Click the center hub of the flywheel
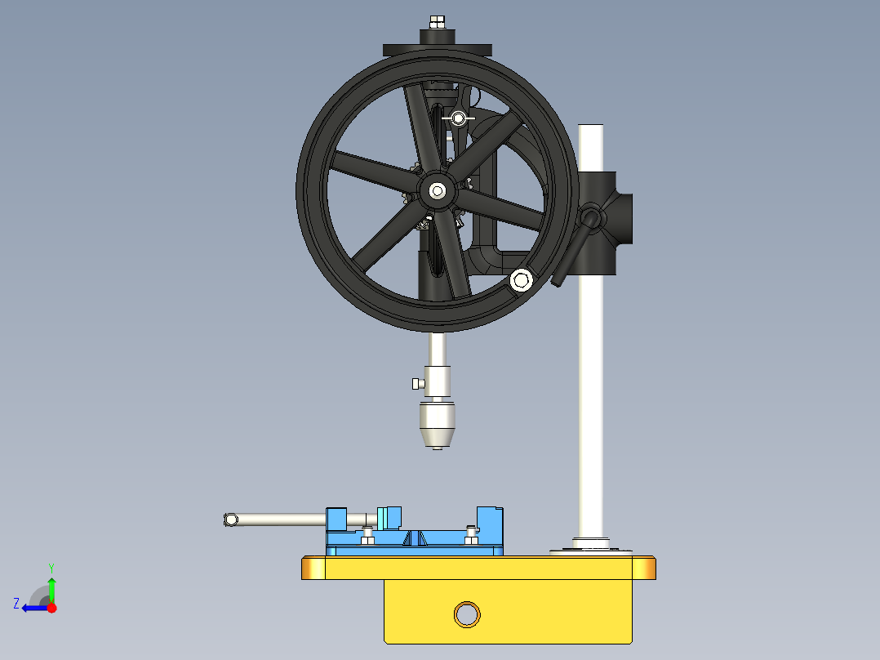pyautogui.click(x=438, y=191)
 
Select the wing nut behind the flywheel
pyautogui.click(x=459, y=118)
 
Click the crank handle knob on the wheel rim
pyautogui.click(x=521, y=280)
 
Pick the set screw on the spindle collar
pyautogui.click(x=416, y=383)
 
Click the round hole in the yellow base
pyautogui.click(x=468, y=613)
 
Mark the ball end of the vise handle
pyautogui.click(x=230, y=519)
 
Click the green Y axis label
pyautogui.click(x=51, y=567)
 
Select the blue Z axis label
pyautogui.click(x=16, y=604)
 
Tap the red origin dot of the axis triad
pyautogui.click(x=51, y=608)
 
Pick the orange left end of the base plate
pyautogui.click(x=313, y=568)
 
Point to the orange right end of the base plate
pyautogui.click(x=645, y=568)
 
